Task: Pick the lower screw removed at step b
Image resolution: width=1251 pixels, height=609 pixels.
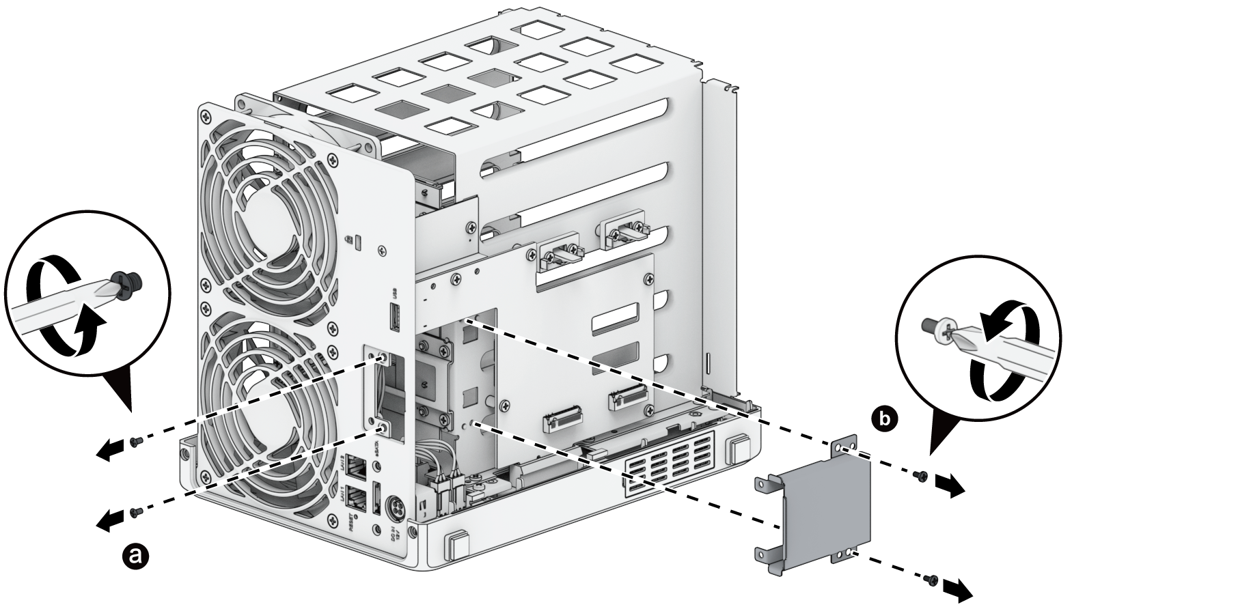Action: (930, 579)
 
